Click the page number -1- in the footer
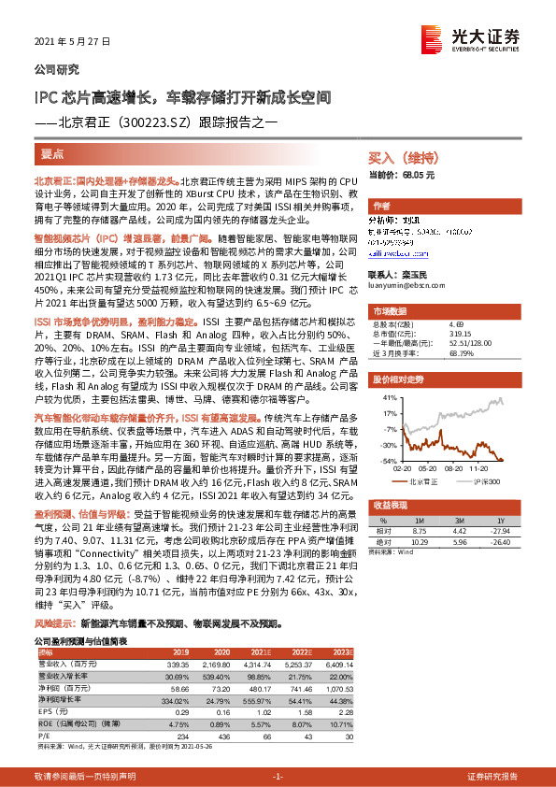tap(278, 777)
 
